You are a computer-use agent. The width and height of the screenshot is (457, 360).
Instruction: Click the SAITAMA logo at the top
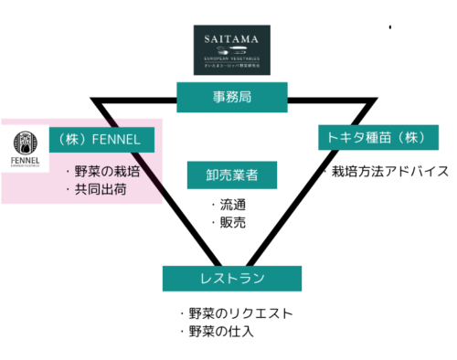231,49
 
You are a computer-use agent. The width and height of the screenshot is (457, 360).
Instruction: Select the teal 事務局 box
231,96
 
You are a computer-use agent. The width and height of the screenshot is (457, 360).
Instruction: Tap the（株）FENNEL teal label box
101,140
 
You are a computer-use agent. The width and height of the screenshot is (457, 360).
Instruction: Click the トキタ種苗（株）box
377,137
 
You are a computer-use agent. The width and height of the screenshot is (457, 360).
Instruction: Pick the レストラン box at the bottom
231,279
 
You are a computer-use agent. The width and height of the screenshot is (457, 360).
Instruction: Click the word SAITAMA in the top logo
231,39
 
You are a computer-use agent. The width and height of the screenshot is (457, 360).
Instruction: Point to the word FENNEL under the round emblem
25,162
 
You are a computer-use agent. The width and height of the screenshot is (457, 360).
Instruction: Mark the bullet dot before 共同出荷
68,191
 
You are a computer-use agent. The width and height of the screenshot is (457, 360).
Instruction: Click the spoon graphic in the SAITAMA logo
231,55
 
